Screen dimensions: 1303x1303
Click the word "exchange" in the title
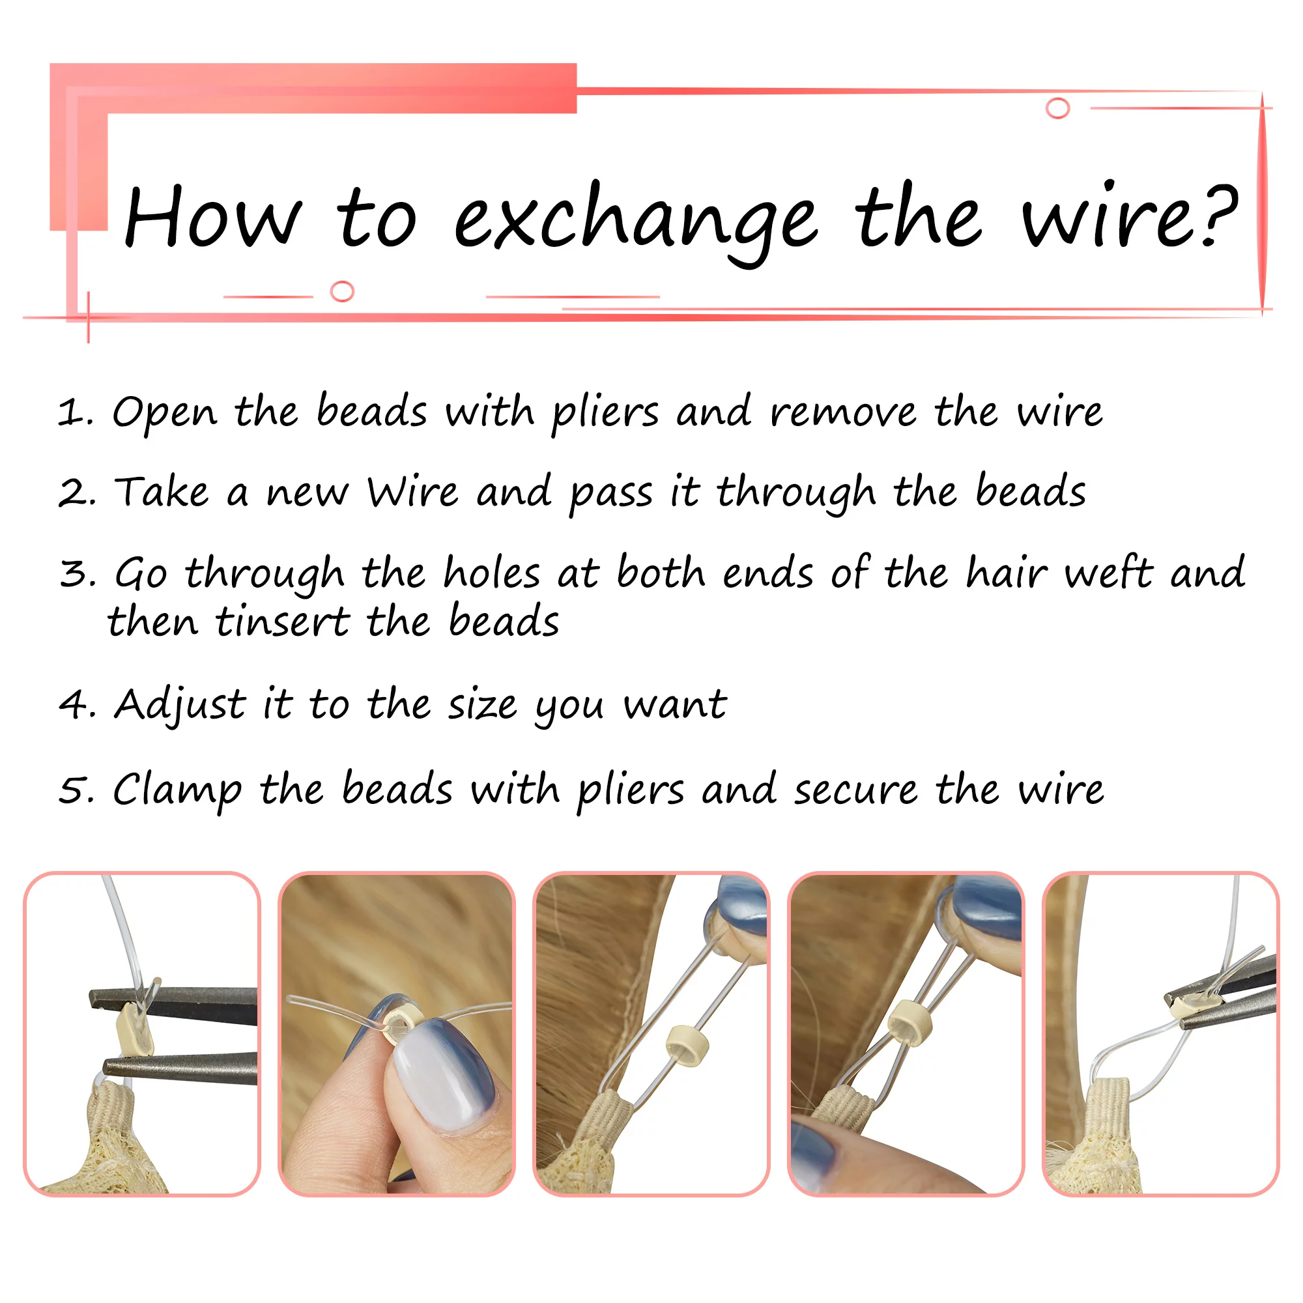pos(635,223)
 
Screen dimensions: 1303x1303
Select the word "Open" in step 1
pos(165,412)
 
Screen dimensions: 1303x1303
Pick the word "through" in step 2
pos(796,493)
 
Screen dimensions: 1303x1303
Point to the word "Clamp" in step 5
pos(177,790)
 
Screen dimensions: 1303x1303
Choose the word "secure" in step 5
pos(856,790)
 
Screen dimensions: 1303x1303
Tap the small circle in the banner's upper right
pos(1057,108)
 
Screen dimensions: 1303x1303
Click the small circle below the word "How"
pos(343,291)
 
